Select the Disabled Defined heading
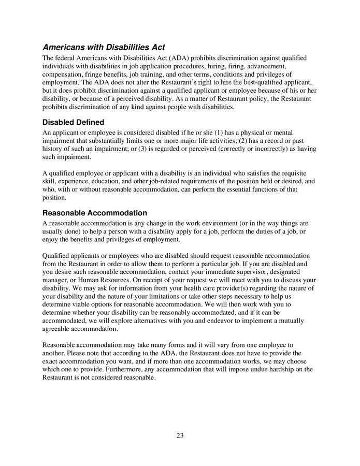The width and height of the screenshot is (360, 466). [x=73, y=123]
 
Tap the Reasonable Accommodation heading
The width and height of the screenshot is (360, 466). [x=94, y=213]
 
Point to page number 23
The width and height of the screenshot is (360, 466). [x=180, y=435]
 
